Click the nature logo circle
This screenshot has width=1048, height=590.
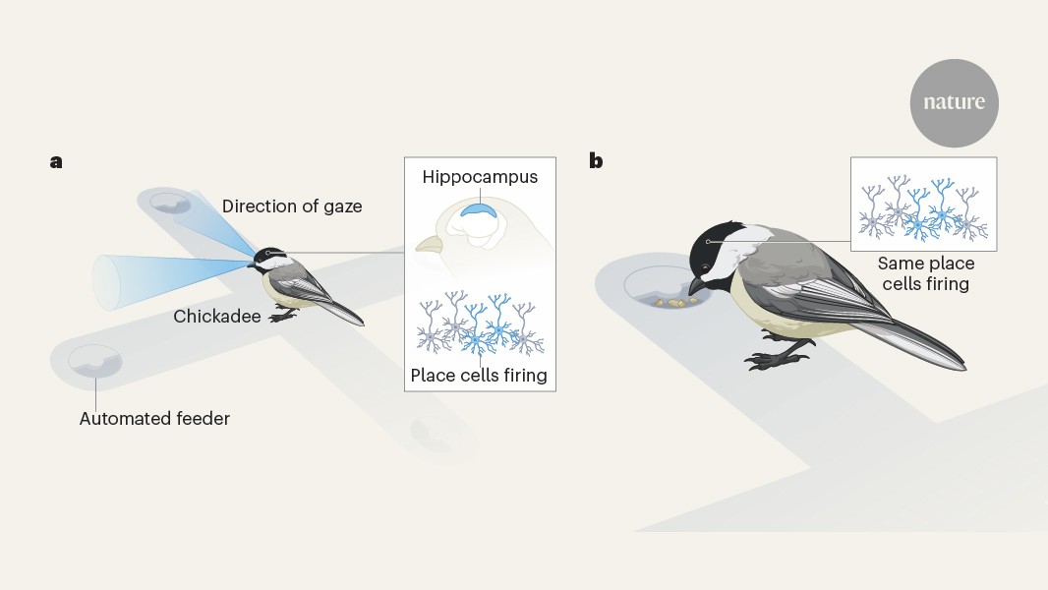point(954,102)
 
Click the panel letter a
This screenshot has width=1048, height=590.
point(56,161)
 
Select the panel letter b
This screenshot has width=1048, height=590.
point(596,161)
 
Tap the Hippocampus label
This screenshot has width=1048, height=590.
point(480,177)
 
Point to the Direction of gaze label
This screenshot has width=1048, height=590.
point(292,206)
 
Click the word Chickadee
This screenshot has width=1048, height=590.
point(217,317)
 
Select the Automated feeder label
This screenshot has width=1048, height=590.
point(154,419)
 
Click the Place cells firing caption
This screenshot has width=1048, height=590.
point(479,375)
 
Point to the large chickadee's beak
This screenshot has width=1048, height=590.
point(696,285)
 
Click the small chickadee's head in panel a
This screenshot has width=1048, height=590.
point(268,259)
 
